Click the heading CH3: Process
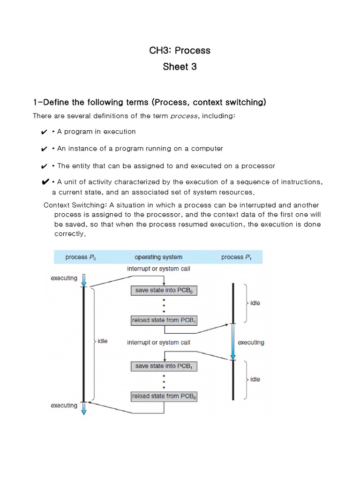180,51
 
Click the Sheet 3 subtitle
180,67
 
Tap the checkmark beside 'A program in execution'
44,132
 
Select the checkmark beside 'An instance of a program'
44,149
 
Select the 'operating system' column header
158,257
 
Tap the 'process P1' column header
236,257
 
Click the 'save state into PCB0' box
164,291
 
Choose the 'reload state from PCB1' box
164,321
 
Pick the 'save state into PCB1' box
164,366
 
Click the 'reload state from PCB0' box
164,396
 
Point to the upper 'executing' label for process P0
64,278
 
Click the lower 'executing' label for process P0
64,405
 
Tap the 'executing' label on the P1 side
251,343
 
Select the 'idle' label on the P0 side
102,341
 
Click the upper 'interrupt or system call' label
158,269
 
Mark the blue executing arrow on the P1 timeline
233,341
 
